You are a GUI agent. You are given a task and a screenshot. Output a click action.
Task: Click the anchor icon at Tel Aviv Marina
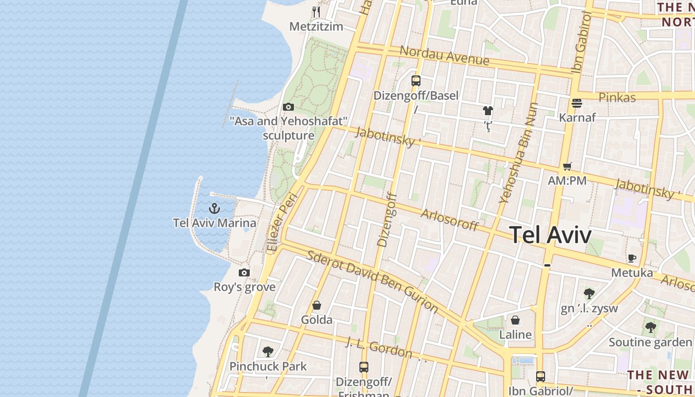click(214, 208)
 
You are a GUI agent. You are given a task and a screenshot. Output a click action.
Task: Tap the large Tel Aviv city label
click(551, 235)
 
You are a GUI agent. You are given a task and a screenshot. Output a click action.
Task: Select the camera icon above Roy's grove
click(244, 272)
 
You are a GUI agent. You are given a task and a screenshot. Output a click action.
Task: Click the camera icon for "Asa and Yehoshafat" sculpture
click(288, 107)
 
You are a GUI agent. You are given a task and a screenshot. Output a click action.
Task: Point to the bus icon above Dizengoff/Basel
click(416, 80)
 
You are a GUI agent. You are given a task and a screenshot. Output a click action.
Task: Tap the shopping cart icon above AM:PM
click(567, 167)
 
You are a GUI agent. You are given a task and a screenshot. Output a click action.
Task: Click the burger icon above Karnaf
click(577, 103)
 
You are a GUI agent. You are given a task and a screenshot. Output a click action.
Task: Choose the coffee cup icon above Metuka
click(631, 258)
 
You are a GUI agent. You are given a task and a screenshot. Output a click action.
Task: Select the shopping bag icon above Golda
click(317, 305)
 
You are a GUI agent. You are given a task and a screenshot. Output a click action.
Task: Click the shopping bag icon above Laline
click(515, 320)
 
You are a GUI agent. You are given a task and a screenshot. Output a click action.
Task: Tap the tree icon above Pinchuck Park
click(268, 352)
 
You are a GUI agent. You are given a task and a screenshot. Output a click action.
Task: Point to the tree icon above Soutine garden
click(650, 328)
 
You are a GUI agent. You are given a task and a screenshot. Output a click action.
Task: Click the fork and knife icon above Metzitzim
click(316, 11)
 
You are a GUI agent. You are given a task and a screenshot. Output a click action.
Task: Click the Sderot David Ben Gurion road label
click(372, 281)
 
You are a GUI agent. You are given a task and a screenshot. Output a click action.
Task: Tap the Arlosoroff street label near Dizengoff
click(449, 220)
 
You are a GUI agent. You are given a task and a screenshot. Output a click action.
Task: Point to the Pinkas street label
click(617, 97)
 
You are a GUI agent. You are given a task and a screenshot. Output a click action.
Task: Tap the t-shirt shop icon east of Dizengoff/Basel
click(488, 111)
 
